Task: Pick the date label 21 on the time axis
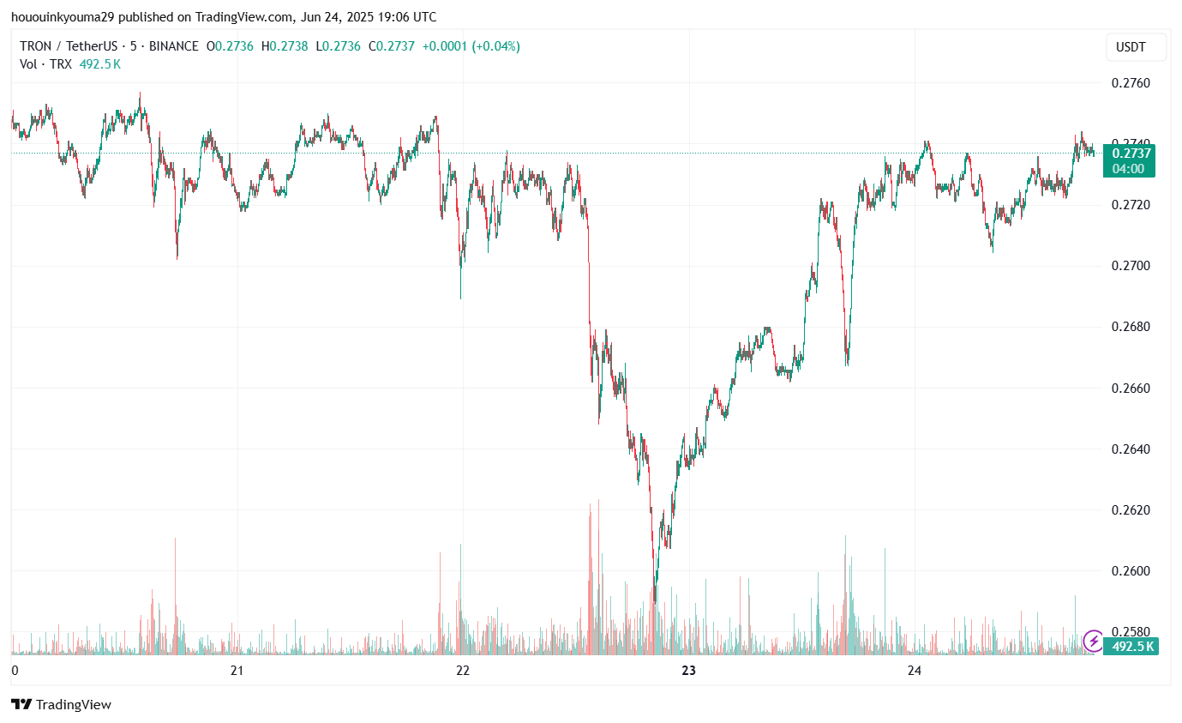coord(237,671)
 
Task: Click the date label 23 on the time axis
coord(688,671)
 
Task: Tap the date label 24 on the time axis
coord(915,671)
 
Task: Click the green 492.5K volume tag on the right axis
coord(1132,647)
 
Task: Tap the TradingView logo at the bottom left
coord(62,704)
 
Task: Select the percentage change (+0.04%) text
coord(493,46)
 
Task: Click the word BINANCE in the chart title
coord(173,46)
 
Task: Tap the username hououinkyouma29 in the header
coord(62,17)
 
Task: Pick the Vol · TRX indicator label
coord(46,63)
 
